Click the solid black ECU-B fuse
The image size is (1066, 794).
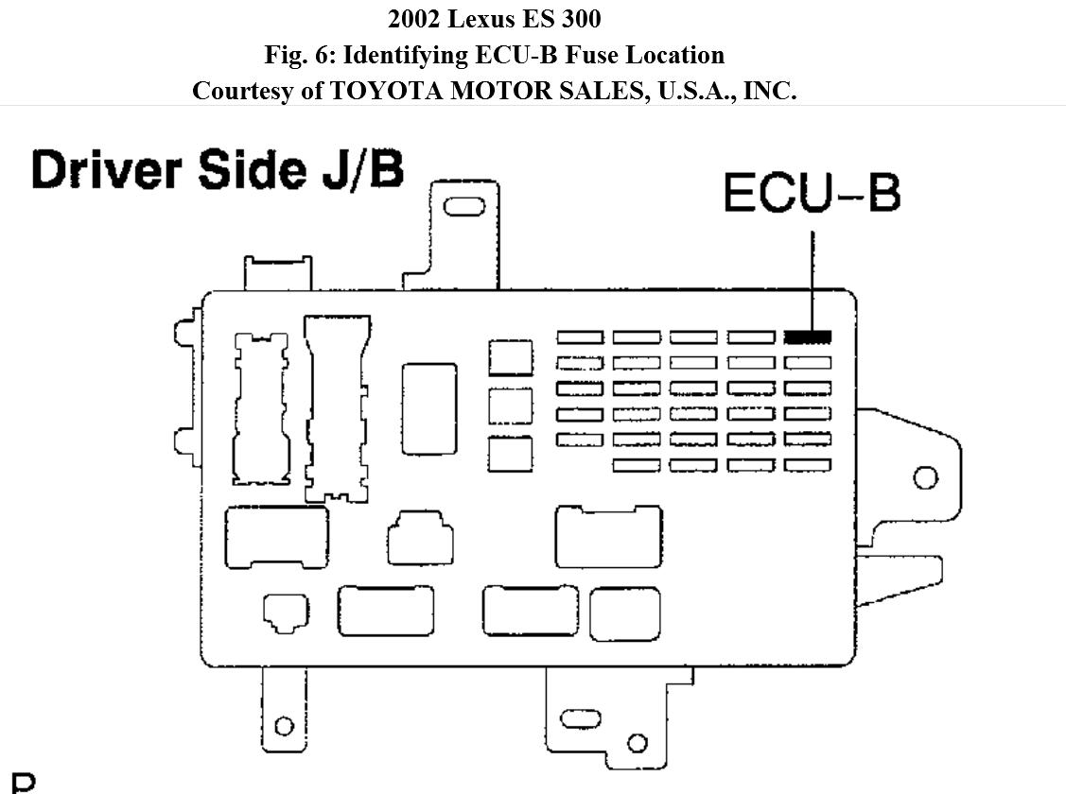(808, 337)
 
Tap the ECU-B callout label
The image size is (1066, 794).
(812, 193)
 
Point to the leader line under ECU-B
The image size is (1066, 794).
(812, 274)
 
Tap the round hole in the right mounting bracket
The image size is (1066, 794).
(926, 477)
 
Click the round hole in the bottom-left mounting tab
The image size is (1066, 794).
(283, 726)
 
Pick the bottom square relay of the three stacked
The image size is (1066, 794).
(511, 453)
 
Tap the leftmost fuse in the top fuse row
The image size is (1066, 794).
(580, 337)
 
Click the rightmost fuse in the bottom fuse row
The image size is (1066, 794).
(808, 465)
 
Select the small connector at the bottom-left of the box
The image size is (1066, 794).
(285, 612)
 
